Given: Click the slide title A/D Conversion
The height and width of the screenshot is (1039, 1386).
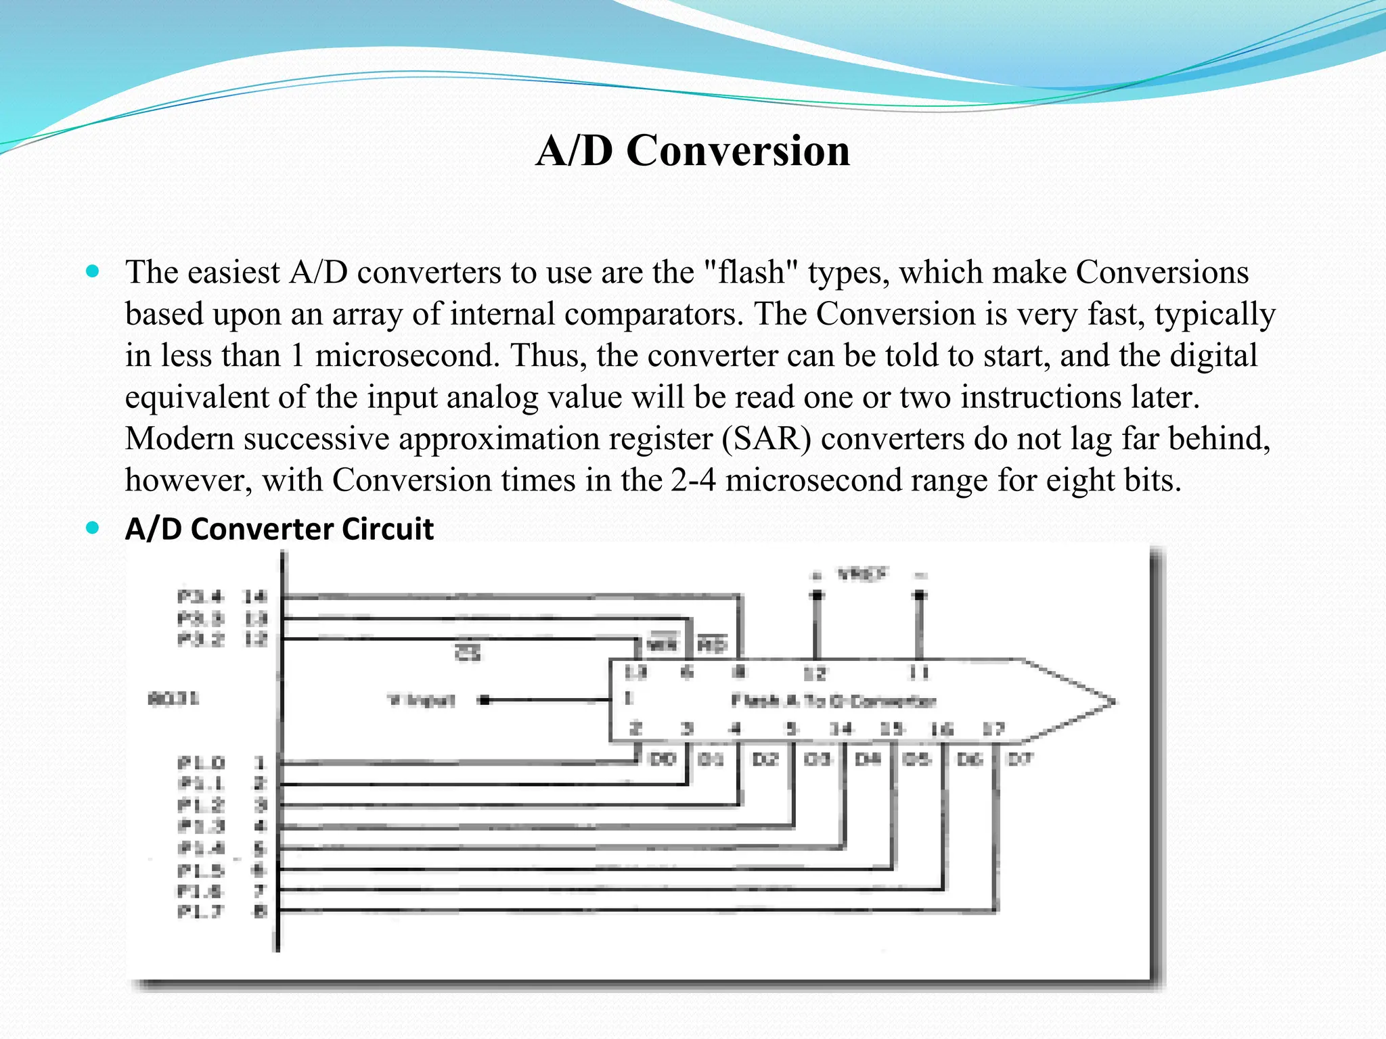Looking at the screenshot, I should pos(692,150).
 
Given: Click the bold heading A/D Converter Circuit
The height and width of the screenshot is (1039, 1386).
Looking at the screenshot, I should pos(279,529).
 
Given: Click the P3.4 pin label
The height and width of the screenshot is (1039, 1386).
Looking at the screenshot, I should pos(200,597).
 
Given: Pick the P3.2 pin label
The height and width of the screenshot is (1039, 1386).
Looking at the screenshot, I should pos(200,639).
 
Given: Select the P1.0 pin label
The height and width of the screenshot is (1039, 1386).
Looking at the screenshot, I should pos(200,763).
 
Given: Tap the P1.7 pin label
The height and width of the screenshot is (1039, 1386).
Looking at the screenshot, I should pos(200,912).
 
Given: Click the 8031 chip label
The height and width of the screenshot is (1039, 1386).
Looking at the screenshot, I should pos(173,698).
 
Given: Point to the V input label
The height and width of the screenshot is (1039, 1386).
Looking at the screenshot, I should pos(421,700).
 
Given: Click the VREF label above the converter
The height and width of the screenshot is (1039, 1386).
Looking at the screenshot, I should pos(862,575).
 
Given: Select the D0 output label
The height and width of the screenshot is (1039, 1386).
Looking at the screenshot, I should pos(663,759).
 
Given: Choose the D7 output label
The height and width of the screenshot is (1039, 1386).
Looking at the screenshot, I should pos(1020,759).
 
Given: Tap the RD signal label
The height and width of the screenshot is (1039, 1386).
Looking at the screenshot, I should pos(711,644).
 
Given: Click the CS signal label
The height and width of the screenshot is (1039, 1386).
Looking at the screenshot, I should pos(468,653).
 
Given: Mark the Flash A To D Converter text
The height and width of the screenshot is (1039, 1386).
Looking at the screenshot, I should pos(833,701).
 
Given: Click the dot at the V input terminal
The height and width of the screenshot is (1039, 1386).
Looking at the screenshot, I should pos(484,700).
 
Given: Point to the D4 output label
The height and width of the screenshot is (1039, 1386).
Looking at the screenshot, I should pos(868,759).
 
